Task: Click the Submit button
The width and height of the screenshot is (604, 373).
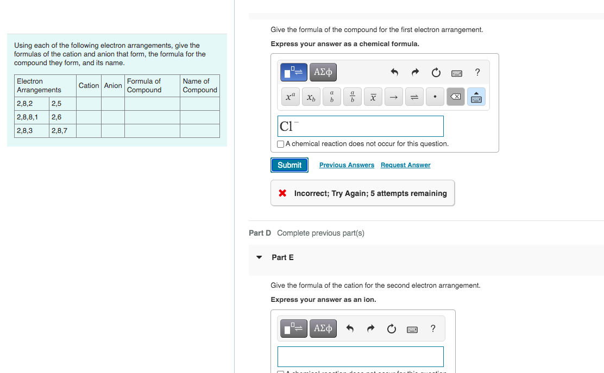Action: click(290, 165)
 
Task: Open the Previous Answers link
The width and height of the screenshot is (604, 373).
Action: click(347, 165)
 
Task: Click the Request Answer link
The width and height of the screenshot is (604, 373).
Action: click(405, 165)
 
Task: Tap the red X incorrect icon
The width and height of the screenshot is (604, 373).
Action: click(282, 193)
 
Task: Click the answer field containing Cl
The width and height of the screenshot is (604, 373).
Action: click(360, 126)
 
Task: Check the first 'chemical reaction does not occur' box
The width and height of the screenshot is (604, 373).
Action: click(280, 144)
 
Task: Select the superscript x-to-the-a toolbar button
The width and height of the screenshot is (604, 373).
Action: click(290, 98)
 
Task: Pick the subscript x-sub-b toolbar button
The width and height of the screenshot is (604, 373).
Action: click(311, 98)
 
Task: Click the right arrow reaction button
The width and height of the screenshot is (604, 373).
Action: click(394, 98)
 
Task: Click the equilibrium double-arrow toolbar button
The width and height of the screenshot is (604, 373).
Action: click(414, 98)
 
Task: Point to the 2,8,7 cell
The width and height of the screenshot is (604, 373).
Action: click(62, 131)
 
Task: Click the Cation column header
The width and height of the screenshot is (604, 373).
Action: click(89, 86)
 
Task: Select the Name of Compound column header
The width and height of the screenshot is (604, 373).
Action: click(199, 86)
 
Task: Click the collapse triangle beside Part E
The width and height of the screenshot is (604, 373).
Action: click(259, 257)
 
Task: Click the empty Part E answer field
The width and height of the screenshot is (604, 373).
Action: click(360, 357)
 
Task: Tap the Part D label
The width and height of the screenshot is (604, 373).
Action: click(260, 233)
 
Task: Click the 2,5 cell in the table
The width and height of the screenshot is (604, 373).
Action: click(62, 104)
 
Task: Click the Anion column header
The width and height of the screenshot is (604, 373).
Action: click(113, 86)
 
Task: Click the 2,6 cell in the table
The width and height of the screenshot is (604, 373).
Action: click(62, 117)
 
